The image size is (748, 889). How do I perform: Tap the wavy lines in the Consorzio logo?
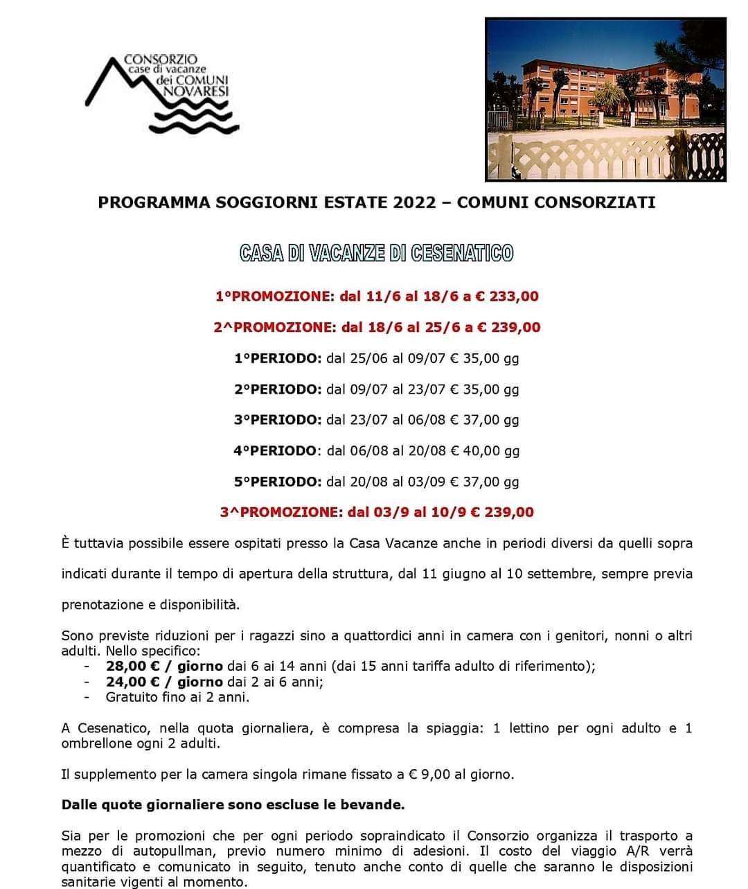(x=193, y=121)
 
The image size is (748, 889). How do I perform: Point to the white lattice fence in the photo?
(x=596, y=156)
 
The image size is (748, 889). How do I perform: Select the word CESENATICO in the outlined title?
(x=462, y=253)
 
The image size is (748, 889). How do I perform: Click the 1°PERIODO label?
(x=278, y=358)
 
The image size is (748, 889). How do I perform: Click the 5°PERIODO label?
(x=278, y=482)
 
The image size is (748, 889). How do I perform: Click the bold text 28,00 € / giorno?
(x=164, y=667)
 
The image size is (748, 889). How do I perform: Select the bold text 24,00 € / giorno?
(x=164, y=682)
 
